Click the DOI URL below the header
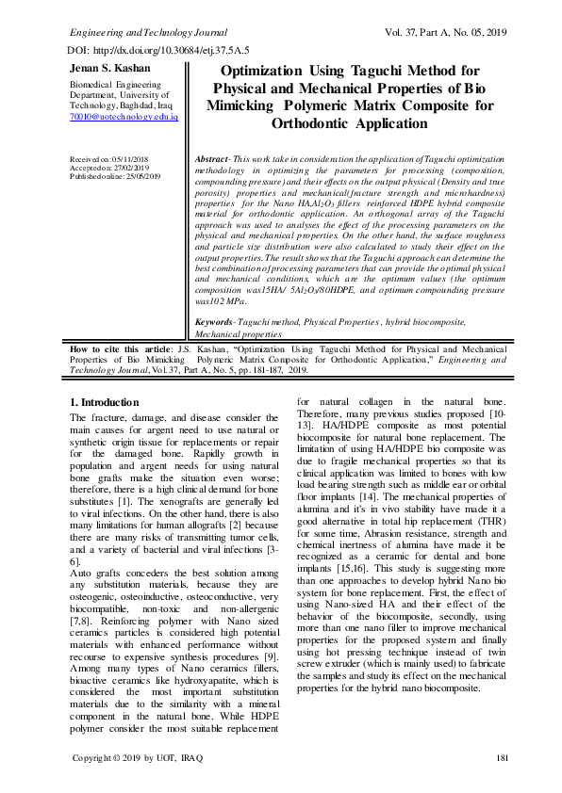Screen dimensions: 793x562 point(158,49)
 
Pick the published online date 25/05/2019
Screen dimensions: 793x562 point(142,176)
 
